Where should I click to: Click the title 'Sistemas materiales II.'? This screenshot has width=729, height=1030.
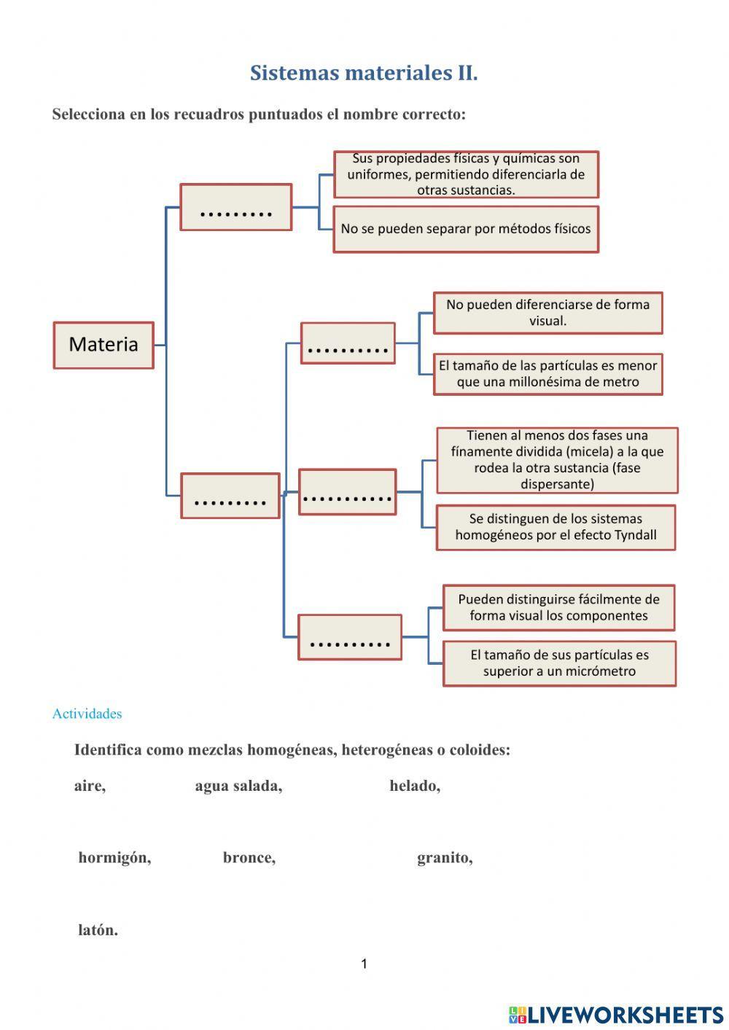coord(364,73)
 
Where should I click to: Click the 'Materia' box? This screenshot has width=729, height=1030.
coord(104,345)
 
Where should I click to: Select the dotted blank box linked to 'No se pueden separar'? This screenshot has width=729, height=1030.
coord(235,208)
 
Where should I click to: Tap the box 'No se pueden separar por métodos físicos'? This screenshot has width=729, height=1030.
coord(466,229)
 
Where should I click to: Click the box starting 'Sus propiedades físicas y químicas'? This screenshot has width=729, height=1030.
coord(466,174)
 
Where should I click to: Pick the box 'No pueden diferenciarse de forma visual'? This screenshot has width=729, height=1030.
coord(547,313)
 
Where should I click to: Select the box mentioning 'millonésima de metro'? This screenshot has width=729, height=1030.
coord(547,374)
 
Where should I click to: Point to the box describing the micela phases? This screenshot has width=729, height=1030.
coord(557,460)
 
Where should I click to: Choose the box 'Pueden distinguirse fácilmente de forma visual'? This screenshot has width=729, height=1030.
coord(558,607)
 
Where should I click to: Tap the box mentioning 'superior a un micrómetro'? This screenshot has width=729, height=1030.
coord(559,663)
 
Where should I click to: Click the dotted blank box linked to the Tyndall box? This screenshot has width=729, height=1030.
coord(348,492)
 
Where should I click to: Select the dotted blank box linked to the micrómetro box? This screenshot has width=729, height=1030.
coord(350,637)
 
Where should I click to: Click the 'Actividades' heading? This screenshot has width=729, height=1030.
coord(87,714)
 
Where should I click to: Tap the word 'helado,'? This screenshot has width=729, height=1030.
coord(414,786)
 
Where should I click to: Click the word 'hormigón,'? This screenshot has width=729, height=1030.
coord(114,858)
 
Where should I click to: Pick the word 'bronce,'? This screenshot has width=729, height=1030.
coord(249,858)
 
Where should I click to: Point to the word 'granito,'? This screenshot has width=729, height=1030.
coord(445,858)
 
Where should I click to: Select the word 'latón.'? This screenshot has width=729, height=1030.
coord(98,930)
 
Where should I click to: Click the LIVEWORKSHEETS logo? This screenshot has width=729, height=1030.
coord(616,1014)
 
